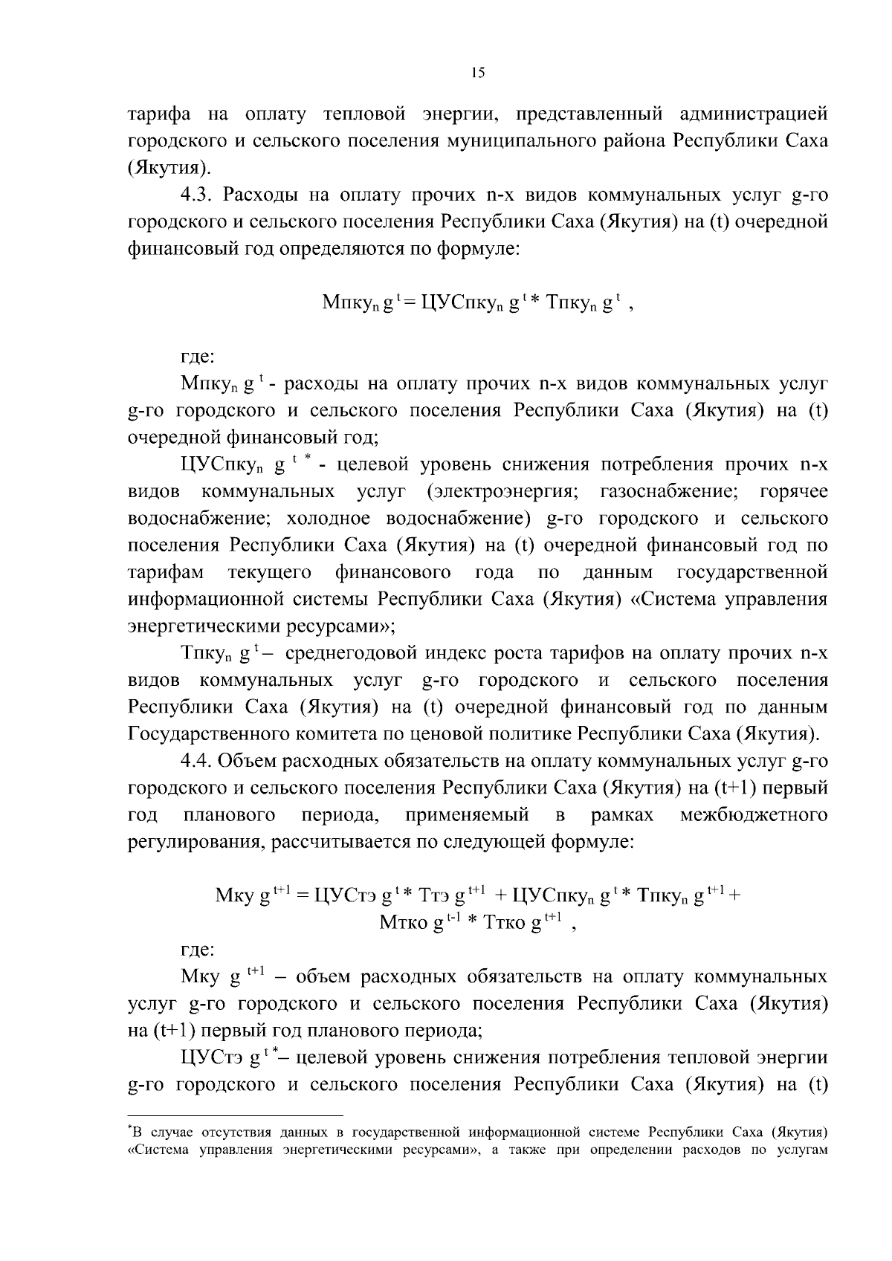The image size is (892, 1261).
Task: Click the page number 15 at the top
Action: click(x=477, y=72)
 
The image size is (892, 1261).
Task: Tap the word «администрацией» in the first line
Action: click(x=753, y=114)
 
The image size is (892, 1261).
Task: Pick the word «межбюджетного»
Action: click(x=753, y=815)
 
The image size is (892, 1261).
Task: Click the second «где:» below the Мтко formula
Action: click(x=198, y=950)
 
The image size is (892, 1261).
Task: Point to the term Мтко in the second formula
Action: click(x=404, y=923)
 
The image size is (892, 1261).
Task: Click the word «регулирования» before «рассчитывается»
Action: click(x=196, y=843)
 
